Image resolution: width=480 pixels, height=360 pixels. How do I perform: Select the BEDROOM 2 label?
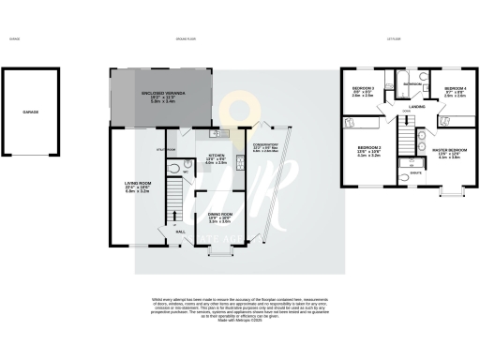point(367,150)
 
